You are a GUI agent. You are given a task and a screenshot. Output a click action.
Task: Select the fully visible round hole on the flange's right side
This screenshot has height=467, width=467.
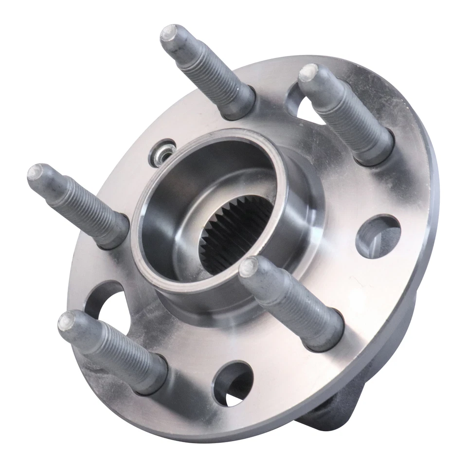378,236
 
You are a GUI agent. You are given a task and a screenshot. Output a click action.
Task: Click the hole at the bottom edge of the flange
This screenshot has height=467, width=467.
233,382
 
